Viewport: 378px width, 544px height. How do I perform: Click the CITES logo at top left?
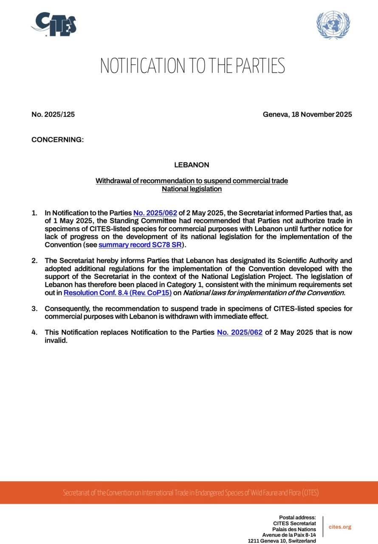pos(54,24)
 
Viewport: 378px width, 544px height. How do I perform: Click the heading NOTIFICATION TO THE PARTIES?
pos(192,66)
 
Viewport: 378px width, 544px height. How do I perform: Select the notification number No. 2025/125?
pos(53,114)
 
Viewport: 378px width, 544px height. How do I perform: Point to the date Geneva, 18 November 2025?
pos(307,114)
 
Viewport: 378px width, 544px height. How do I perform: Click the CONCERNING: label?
pos(57,140)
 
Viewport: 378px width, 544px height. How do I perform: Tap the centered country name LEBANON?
pos(192,164)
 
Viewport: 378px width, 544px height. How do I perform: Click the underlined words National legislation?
pos(192,189)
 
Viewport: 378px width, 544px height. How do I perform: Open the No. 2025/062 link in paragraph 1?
pos(155,213)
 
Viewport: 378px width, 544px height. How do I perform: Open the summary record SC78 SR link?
pos(140,245)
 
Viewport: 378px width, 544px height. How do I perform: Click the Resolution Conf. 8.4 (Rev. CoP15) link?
pos(118,293)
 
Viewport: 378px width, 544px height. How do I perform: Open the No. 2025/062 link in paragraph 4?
pos(240,332)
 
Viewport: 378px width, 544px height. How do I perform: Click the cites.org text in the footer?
pos(340,527)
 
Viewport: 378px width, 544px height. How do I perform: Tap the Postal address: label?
pos(297,517)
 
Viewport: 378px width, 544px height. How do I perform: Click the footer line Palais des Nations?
pos(294,529)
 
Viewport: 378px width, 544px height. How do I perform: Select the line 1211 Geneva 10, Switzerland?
pos(282,541)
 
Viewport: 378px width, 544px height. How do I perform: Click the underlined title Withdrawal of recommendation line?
pos(192,181)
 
